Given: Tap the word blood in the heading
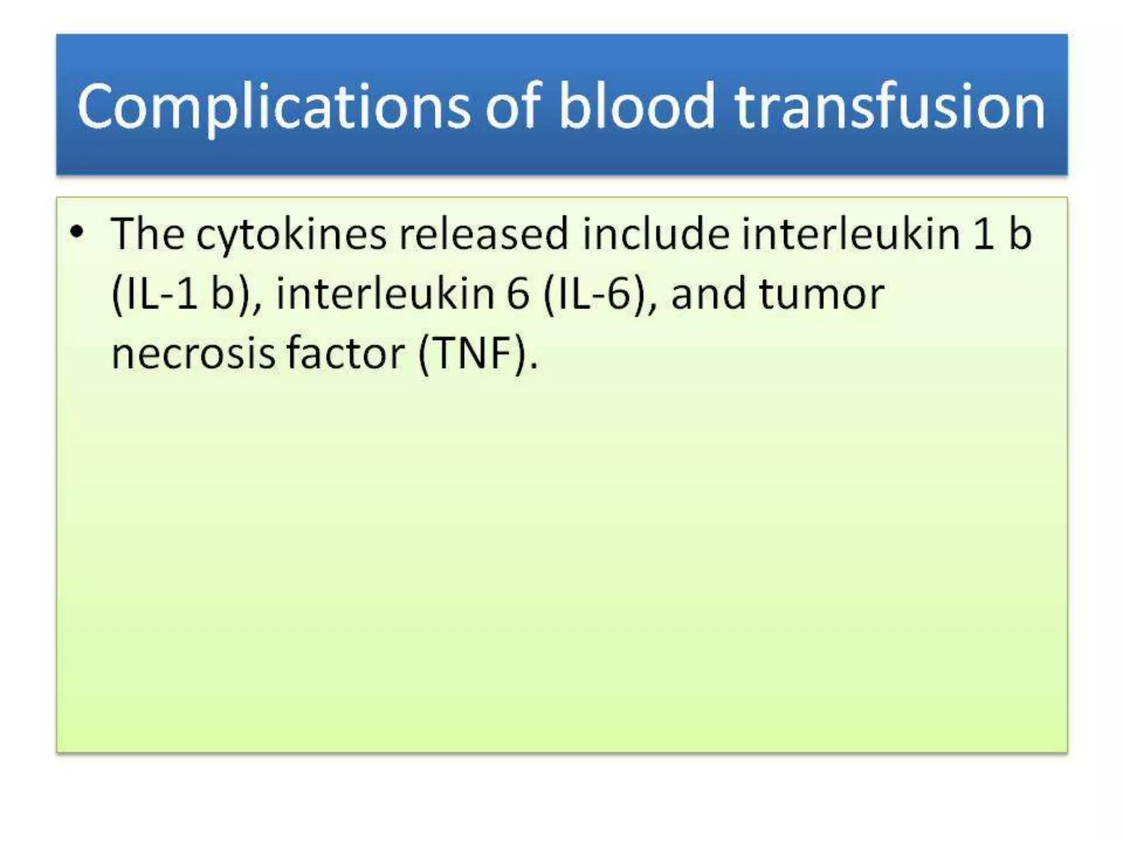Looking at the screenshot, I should pyautogui.click(x=637, y=107).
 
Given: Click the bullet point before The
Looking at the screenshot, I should pyautogui.click(x=77, y=232).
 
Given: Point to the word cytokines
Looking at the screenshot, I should pyautogui.click(x=291, y=235).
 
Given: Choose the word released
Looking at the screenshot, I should pyautogui.click(x=483, y=234).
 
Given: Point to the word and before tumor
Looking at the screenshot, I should pyautogui.click(x=707, y=294).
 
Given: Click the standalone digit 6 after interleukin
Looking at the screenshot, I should pyautogui.click(x=518, y=294).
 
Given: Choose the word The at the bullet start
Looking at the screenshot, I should pyautogui.click(x=148, y=234).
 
